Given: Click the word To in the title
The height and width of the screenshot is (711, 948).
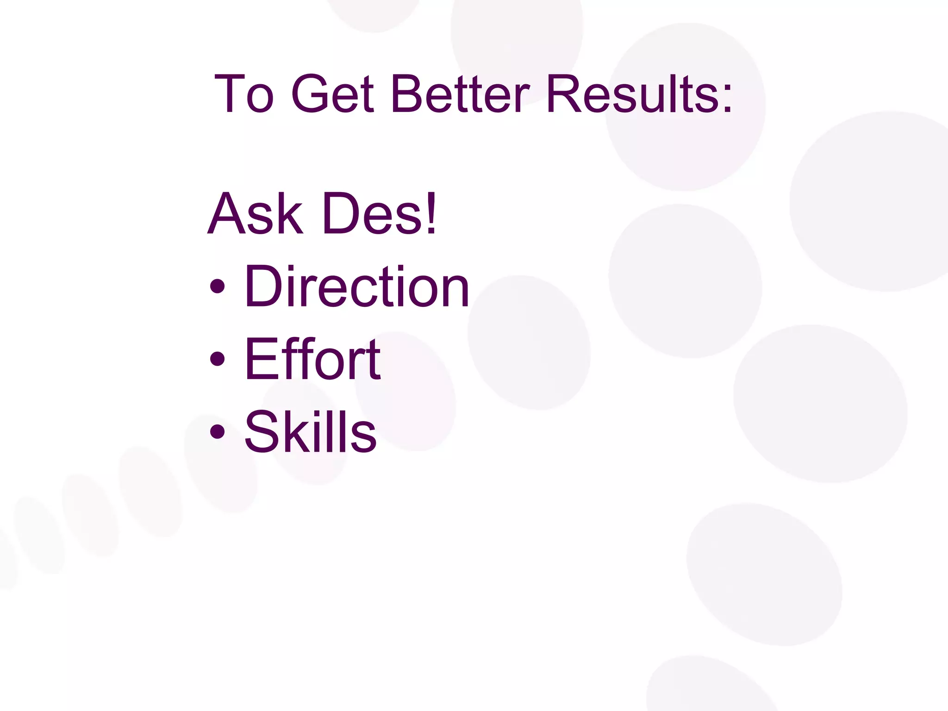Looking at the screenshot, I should pos(244,94).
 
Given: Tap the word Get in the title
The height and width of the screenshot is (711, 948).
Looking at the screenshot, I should pos(332,94).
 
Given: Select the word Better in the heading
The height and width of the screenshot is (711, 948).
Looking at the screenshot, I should pos(460,94).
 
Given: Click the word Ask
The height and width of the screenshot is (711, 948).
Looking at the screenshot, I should pos(255,214).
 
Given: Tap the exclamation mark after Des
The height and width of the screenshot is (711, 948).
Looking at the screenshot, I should pos(431,214).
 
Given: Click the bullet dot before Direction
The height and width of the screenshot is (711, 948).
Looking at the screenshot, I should pos(217,287).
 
